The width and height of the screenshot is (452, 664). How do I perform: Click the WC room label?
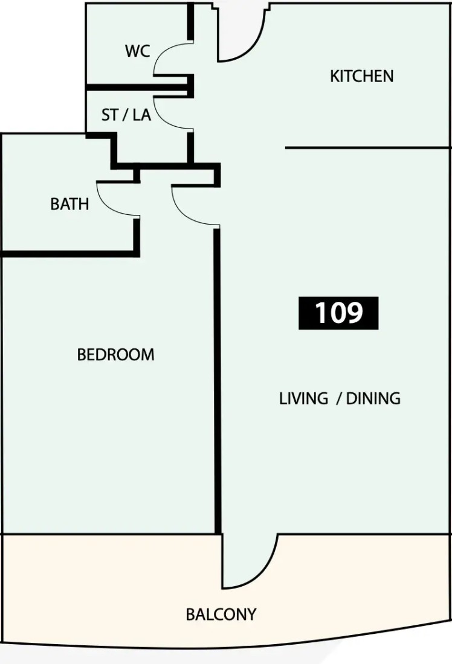pos(137,51)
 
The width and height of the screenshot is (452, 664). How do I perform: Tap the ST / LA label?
pos(126,115)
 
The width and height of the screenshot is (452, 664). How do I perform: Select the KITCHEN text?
pos(362,76)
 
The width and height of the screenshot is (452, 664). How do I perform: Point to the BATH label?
pos(69,204)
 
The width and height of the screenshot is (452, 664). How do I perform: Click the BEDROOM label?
pos(116,354)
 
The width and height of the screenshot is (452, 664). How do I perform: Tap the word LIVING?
pos(303,398)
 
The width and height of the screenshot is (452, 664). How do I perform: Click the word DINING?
pos(373,398)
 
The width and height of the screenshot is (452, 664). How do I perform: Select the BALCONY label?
pos(221,614)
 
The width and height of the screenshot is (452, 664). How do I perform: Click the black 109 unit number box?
pos(338,313)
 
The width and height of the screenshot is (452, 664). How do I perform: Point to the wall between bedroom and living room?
pos(218,380)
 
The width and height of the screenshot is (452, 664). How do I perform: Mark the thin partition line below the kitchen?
pos(367,148)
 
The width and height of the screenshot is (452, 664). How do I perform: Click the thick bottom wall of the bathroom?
pos(70,254)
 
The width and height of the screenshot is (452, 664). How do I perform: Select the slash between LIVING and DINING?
pos(339,399)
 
